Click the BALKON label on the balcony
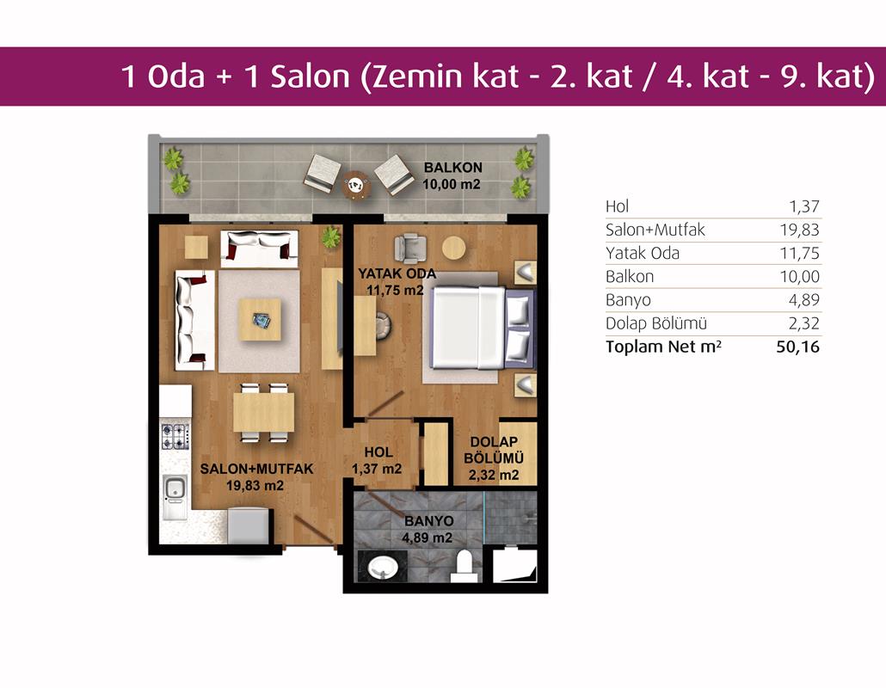(453, 167)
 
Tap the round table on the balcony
(356, 185)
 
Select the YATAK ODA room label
(397, 273)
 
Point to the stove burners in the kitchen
(175, 436)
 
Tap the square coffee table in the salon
(260, 320)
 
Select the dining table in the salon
(264, 412)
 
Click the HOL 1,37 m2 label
(378, 460)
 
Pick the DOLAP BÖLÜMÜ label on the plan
(494, 458)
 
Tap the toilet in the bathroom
(464, 568)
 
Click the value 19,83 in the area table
(799, 230)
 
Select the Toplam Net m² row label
(663, 347)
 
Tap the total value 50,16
(798, 347)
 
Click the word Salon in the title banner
(311, 77)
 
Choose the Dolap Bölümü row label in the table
(656, 323)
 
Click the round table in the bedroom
(453, 248)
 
